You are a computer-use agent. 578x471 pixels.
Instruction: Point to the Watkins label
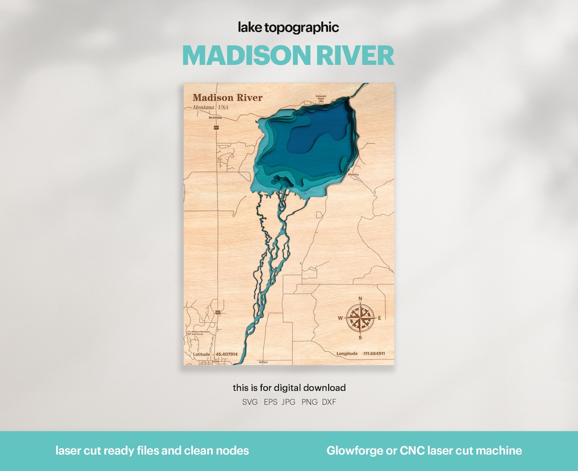point(353,174)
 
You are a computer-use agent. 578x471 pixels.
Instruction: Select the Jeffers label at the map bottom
point(263,362)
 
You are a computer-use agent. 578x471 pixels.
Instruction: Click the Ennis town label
point(216,361)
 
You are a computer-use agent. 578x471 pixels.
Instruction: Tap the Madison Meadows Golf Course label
point(199,333)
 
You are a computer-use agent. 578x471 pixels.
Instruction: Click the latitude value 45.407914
point(226,354)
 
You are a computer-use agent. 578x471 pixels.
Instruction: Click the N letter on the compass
point(360,299)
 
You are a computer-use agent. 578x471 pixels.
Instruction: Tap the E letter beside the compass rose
point(380,319)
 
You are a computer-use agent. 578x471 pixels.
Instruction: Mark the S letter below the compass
point(360,338)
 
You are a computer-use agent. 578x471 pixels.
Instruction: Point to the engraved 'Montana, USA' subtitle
point(210,107)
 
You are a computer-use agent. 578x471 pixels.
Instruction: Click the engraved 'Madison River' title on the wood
point(227,97)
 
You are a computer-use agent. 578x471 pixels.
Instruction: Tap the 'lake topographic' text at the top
point(288,28)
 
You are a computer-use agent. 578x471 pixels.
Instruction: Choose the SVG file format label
point(250,402)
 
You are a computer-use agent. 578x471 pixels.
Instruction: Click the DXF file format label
point(329,402)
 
